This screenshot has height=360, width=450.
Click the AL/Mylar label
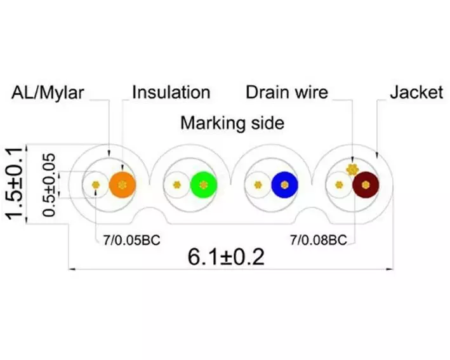(48, 93)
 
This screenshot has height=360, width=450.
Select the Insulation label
(171, 93)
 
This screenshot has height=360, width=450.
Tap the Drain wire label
(287, 92)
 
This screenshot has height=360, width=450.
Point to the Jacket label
(416, 92)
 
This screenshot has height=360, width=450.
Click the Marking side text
(232, 123)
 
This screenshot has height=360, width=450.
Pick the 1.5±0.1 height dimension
(15, 183)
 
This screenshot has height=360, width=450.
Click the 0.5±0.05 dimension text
(48, 185)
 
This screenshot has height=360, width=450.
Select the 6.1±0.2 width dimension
(226, 257)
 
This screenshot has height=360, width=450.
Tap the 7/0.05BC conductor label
(132, 240)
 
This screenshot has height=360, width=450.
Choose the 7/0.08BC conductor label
(318, 240)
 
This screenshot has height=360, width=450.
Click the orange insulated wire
(122, 185)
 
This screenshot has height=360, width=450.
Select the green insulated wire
(204, 185)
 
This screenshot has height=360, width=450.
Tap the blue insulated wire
(285, 185)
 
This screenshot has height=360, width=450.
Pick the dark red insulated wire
(366, 185)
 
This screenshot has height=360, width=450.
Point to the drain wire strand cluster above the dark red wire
(352, 170)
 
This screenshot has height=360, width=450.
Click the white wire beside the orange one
(96, 185)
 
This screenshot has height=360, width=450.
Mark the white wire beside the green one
(177, 185)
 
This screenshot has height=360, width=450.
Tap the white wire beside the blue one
(258, 185)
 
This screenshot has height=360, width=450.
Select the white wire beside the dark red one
(339, 185)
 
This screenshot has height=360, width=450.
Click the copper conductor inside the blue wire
(285, 185)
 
